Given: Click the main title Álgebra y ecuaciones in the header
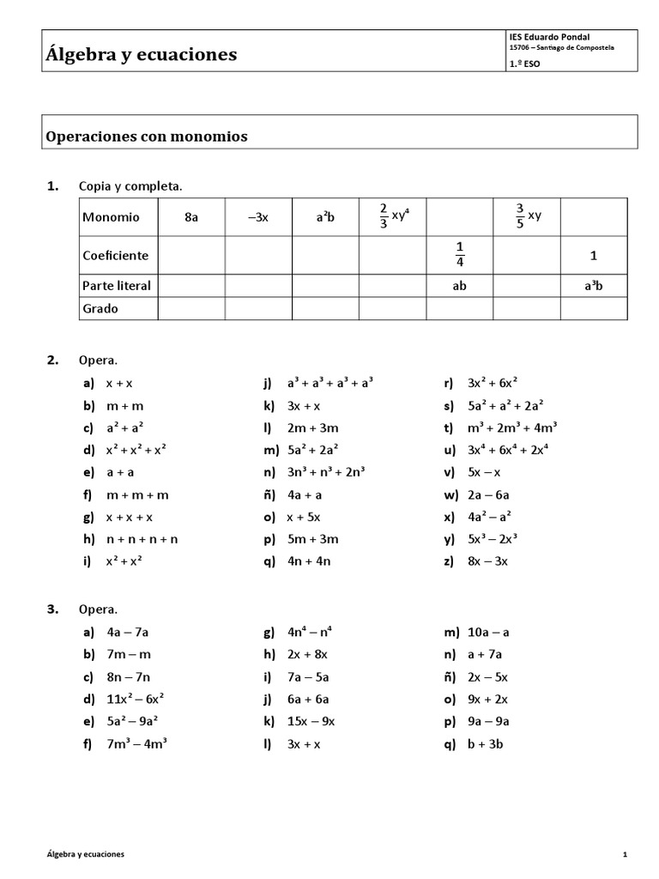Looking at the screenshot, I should [141, 55].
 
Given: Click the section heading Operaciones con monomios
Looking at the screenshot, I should [146, 136].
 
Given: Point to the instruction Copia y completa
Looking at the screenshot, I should [130, 185].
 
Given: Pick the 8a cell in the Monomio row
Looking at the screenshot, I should [191, 217].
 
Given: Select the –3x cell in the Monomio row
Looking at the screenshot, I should [258, 217].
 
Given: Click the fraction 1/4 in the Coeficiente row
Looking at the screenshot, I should [460, 255].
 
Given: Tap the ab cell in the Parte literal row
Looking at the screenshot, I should [460, 286].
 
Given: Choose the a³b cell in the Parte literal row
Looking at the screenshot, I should [594, 286].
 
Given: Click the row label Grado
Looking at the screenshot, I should [100, 308].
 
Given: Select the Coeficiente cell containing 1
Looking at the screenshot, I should [594, 255].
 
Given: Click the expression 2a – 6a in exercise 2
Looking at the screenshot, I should [488, 494].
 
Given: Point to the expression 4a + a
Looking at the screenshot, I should [305, 494].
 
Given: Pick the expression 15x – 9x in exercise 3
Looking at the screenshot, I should [311, 722].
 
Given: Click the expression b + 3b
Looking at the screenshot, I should [485, 744].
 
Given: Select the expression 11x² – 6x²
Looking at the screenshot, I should [136, 700].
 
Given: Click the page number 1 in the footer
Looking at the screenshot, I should [626, 855].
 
